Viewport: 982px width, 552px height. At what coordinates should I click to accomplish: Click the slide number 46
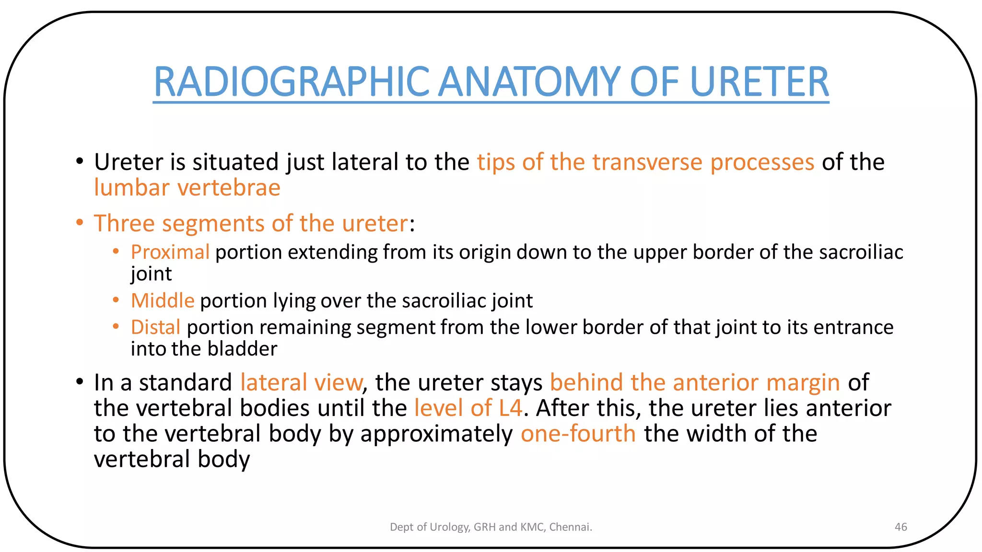pyautogui.click(x=900, y=527)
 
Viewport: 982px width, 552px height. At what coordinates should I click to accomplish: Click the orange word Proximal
pyautogui.click(x=170, y=252)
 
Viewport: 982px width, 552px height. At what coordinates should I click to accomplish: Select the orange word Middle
pyautogui.click(x=163, y=301)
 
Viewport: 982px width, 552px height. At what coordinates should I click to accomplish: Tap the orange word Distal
pyautogui.click(x=155, y=327)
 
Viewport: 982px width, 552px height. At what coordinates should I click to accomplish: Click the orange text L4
pyautogui.click(x=510, y=408)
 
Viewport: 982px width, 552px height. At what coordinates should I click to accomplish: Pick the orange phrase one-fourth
pyautogui.click(x=578, y=434)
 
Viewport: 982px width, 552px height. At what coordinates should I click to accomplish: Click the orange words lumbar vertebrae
pyautogui.click(x=187, y=187)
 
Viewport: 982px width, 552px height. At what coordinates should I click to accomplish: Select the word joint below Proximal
pyautogui.click(x=151, y=274)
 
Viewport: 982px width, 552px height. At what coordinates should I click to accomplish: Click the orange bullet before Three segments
pyautogui.click(x=80, y=223)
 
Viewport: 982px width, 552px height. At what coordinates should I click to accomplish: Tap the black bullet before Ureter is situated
pyautogui.click(x=80, y=161)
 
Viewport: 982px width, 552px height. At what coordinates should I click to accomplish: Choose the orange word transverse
pyautogui.click(x=647, y=162)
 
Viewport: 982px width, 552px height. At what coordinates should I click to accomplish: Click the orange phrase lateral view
pyautogui.click(x=301, y=382)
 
